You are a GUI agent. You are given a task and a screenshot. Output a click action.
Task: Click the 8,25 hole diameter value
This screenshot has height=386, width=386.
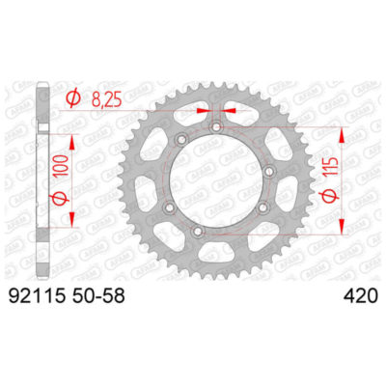point(117,96)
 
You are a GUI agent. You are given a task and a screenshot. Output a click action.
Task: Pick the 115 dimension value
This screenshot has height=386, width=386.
point(331,177)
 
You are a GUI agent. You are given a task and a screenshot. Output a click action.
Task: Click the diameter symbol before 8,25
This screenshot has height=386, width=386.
point(73,96)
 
